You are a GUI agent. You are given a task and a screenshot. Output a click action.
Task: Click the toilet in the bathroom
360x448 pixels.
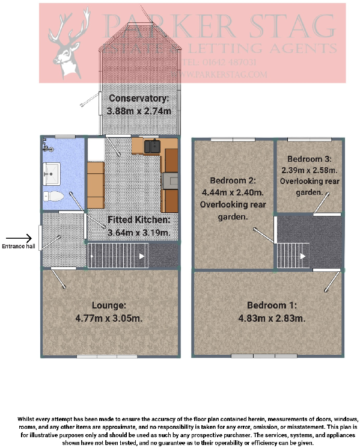53,196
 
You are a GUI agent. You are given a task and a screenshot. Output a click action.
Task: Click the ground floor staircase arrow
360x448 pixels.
142,256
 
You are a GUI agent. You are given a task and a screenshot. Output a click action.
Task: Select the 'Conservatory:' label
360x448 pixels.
138,98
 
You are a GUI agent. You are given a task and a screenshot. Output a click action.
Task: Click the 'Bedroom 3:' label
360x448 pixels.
308,159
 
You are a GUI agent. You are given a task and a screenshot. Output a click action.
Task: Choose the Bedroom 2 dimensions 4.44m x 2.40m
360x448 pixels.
234,192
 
